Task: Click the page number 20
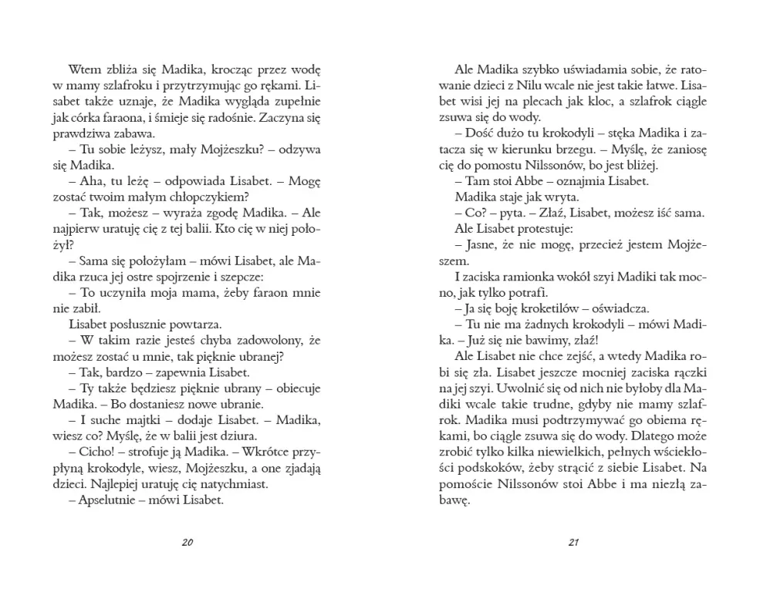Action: [187, 541]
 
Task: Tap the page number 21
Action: [573, 541]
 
